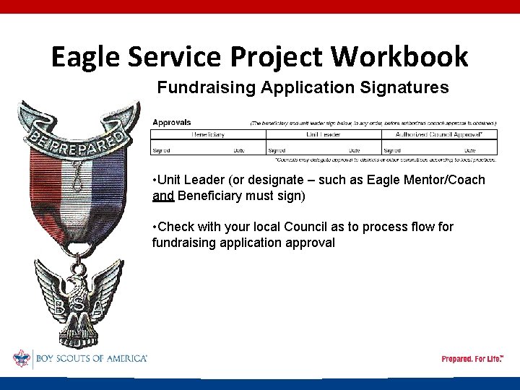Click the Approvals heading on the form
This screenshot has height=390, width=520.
coord(172,123)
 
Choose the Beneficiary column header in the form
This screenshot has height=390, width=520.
coord(208,134)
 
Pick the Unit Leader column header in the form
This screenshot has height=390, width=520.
coord(323,134)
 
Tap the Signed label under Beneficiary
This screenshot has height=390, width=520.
coord(161,150)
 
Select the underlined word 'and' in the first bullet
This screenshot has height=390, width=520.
coord(163,196)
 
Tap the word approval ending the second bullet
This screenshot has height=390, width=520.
coord(312,243)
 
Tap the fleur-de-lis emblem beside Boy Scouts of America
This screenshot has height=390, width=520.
coord(22,358)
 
